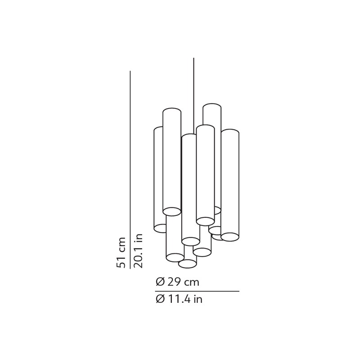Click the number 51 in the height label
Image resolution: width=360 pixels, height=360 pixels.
(121, 262)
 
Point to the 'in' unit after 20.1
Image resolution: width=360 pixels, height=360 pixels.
(138, 237)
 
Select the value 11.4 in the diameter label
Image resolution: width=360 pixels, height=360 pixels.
(179, 299)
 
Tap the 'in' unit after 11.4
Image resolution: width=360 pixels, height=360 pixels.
(198, 299)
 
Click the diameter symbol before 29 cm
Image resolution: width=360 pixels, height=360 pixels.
(160, 282)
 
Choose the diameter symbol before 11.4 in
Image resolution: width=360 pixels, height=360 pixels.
(160, 299)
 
